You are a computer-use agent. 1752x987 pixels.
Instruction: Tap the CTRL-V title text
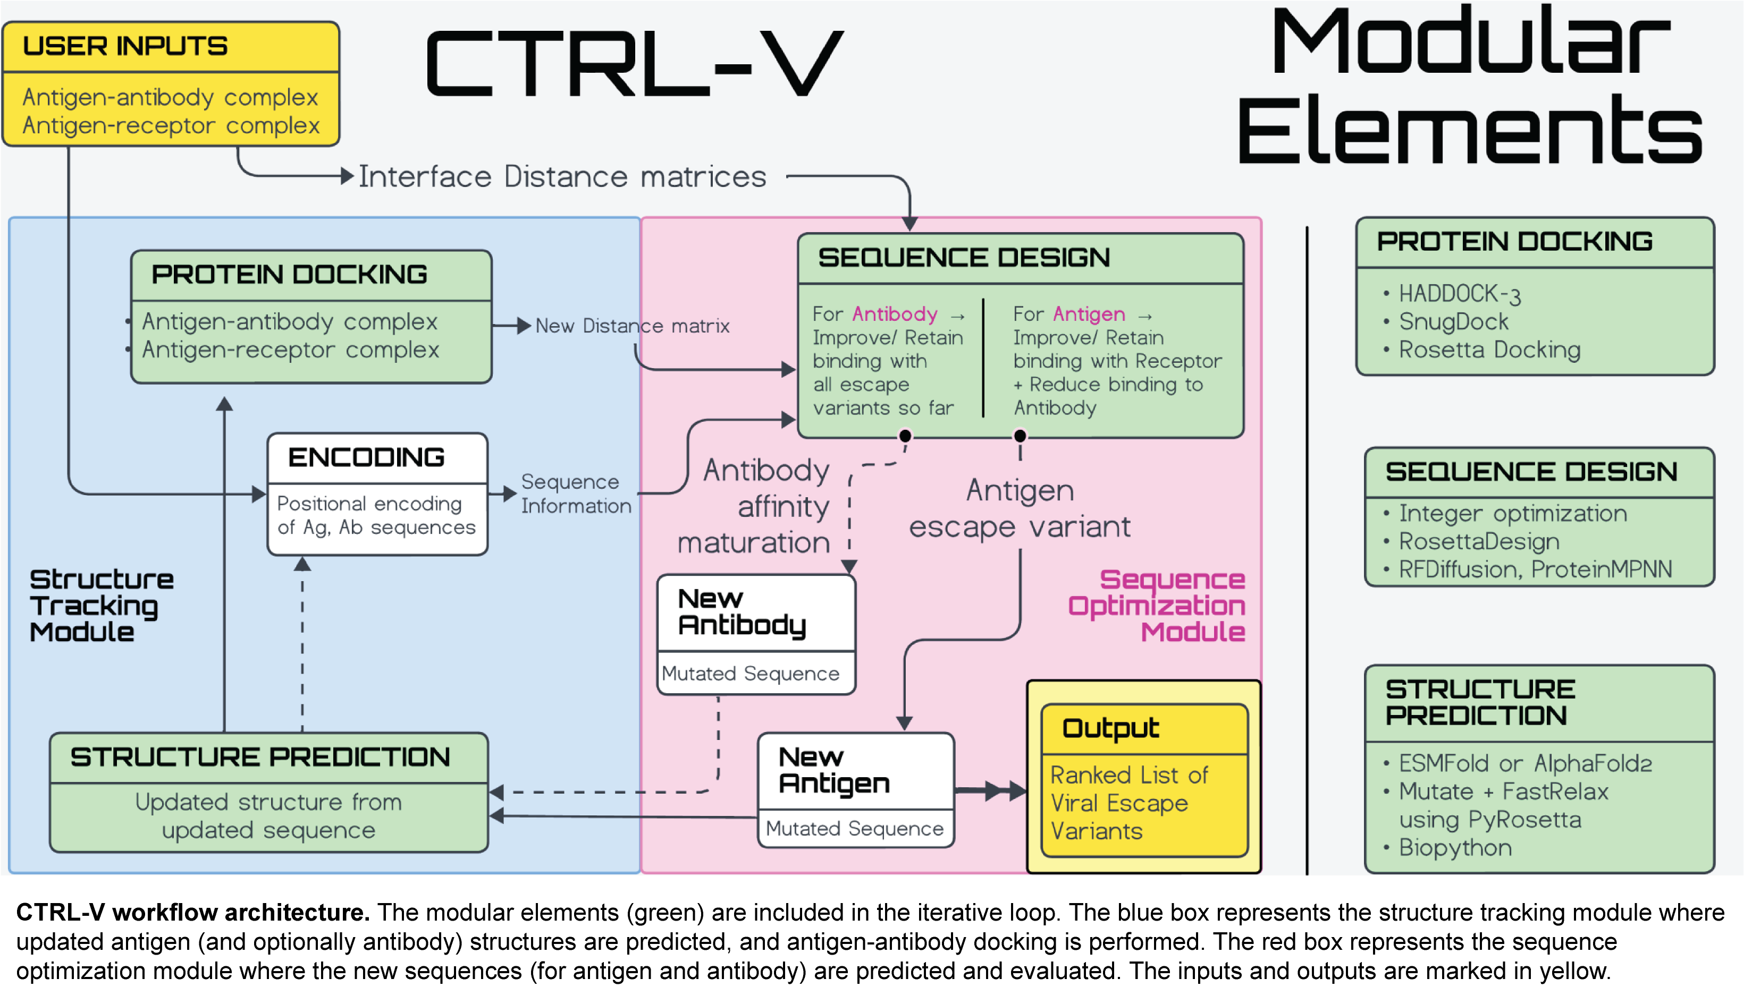click(x=635, y=65)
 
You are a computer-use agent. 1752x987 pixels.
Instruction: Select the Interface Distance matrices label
click(x=562, y=177)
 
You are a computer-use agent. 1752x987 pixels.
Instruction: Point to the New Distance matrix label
click(x=632, y=326)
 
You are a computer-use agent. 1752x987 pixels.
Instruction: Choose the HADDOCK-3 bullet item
click(x=1459, y=294)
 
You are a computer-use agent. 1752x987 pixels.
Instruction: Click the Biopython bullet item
click(x=1455, y=849)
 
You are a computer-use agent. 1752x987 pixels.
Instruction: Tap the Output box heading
click(x=1110, y=729)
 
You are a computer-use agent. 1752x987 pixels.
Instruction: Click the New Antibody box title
click(x=742, y=612)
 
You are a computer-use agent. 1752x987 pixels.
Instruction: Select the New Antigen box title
click(x=833, y=771)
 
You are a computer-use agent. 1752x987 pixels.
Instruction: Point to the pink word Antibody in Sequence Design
click(x=895, y=314)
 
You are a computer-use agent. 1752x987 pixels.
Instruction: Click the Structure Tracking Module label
click(x=100, y=606)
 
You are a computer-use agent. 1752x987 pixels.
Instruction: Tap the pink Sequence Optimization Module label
click(x=1156, y=606)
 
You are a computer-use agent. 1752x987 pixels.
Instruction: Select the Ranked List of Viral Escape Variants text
click(x=1129, y=804)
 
